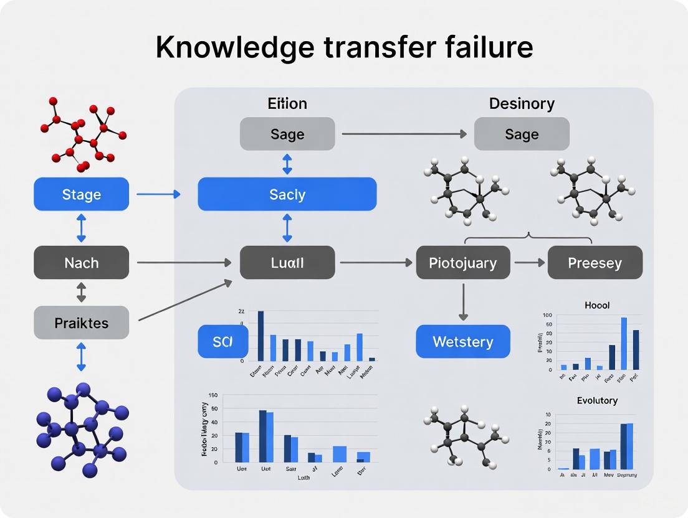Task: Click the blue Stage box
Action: pos(81,194)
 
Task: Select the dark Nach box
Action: pos(81,262)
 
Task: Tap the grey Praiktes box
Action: pos(81,323)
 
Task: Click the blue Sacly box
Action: pos(287,194)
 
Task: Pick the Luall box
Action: pos(287,262)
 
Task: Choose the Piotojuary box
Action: pos(462,262)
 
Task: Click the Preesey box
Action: pos(595,262)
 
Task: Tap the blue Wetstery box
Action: pos(462,341)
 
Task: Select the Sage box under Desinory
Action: pos(522,134)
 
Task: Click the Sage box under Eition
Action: pos(287,134)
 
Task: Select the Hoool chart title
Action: pos(596,305)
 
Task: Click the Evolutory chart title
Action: pos(596,400)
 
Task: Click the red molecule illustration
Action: pos(83,132)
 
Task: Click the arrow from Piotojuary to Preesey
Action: pos(528,262)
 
